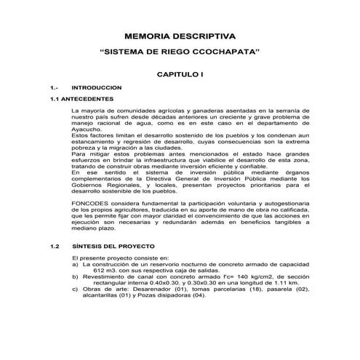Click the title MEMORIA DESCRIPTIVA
(x=180, y=35)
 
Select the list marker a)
(x=76, y=264)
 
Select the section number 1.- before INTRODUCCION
(x=53, y=87)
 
